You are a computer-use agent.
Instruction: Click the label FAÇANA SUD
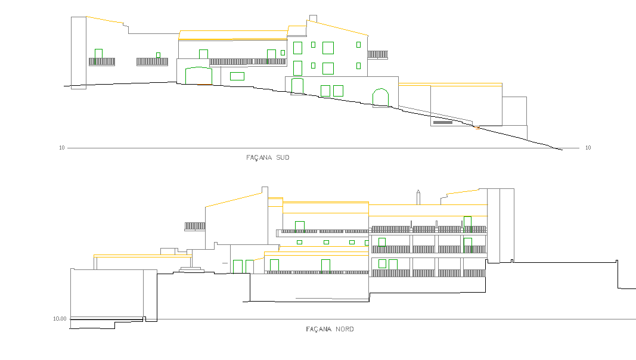pyautogui.click(x=268, y=157)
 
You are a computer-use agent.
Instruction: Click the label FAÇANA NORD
pyautogui.click(x=330, y=329)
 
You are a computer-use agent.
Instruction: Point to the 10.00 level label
pyautogui.click(x=60, y=319)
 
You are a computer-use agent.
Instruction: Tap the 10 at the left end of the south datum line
pyautogui.click(x=61, y=148)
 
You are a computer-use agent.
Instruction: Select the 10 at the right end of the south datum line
pyautogui.click(x=588, y=148)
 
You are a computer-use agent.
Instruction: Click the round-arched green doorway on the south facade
pyautogui.click(x=380, y=89)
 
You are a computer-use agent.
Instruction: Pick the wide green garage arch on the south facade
pyautogui.click(x=198, y=68)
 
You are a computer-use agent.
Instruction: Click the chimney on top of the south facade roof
pyautogui.click(x=313, y=18)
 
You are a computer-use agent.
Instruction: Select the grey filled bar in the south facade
pyautogui.click(x=442, y=122)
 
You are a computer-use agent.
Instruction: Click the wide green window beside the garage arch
pyautogui.click(x=237, y=76)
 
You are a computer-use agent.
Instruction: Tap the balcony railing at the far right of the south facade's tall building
pyautogui.click(x=378, y=55)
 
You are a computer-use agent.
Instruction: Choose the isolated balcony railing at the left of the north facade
pyautogui.click(x=195, y=226)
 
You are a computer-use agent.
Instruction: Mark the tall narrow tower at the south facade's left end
pyautogui.click(x=79, y=52)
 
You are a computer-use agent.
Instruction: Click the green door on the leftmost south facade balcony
pyautogui.click(x=98, y=57)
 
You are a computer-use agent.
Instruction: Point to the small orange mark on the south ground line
pyautogui.click(x=477, y=128)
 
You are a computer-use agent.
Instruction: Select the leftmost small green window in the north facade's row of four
pyautogui.click(x=299, y=243)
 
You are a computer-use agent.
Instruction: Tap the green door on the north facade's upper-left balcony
pyautogui.click(x=300, y=226)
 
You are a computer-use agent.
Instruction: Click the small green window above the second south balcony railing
pyautogui.click(x=158, y=55)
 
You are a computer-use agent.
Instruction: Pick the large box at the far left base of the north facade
pyautogui.click(x=107, y=294)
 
